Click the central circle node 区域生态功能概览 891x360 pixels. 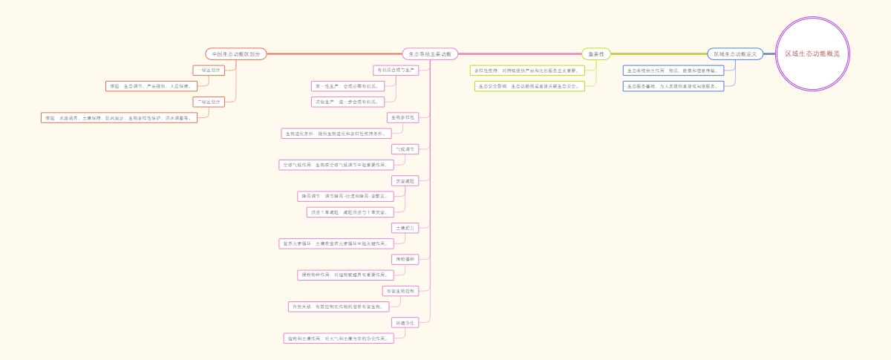[x=817, y=54]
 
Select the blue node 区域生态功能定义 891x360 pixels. [x=735, y=54]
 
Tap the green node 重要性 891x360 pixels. [x=596, y=54]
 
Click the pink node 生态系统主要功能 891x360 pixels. [x=430, y=54]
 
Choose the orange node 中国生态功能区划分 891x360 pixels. [x=235, y=54]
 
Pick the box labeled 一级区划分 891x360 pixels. [x=207, y=70]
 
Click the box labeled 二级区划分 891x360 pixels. [x=207, y=102]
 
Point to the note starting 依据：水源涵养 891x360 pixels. [x=119, y=118]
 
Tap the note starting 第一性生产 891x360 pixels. [x=347, y=86]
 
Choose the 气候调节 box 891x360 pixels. [x=406, y=149]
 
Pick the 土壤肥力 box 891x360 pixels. [x=406, y=228]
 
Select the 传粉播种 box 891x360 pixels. [x=406, y=260]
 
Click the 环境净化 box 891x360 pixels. [x=406, y=323]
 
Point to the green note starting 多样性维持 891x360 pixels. [x=528, y=71]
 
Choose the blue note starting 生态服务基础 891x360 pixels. [x=673, y=86]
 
